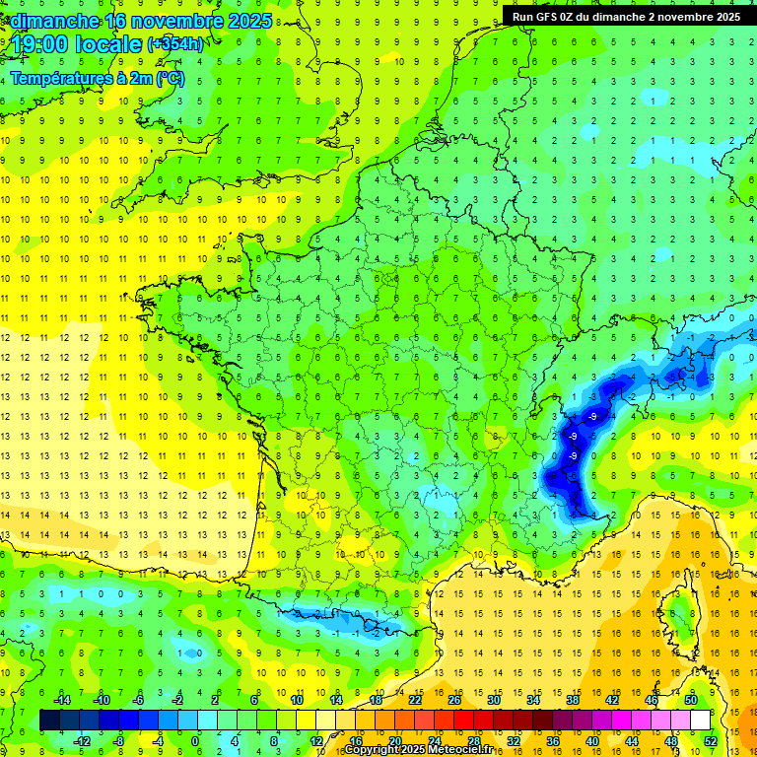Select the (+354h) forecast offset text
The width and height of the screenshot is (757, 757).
coord(175,44)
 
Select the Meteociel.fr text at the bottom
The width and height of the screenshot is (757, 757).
coord(458,750)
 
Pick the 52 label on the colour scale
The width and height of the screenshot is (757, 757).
coord(711,740)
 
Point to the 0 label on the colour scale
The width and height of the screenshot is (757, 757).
coord(195,740)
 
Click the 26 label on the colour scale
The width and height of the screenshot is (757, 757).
coord(454,700)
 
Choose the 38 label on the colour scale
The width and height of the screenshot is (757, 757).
coord(573,700)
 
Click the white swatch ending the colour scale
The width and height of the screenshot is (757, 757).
coord(700,721)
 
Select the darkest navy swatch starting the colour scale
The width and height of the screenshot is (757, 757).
coord(49,721)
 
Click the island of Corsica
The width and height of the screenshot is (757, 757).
coord(677,611)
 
